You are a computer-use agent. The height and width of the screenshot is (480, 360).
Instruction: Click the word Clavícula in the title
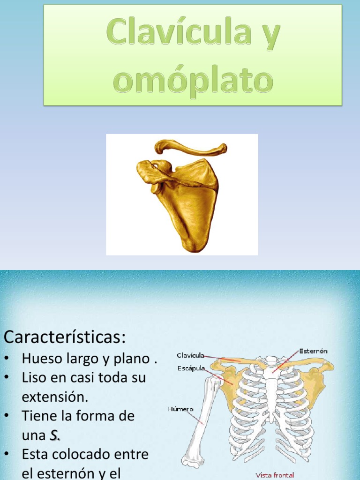click(x=177, y=33)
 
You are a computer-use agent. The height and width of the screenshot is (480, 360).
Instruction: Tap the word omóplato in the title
click(x=193, y=80)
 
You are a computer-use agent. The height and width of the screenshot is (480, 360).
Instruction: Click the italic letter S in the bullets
click(x=54, y=435)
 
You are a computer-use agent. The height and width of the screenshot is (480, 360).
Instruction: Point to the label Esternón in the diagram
click(x=313, y=351)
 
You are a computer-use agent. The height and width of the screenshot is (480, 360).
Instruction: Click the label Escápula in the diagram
click(x=191, y=368)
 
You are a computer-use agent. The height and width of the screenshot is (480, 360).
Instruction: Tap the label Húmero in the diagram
click(x=180, y=409)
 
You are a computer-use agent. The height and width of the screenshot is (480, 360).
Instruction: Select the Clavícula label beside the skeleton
click(x=190, y=355)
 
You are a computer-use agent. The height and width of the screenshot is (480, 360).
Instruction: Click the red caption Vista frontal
click(x=275, y=475)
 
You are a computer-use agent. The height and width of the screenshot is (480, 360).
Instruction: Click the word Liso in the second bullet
click(x=34, y=378)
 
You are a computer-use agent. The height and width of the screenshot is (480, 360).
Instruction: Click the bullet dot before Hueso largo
click(x=7, y=360)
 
